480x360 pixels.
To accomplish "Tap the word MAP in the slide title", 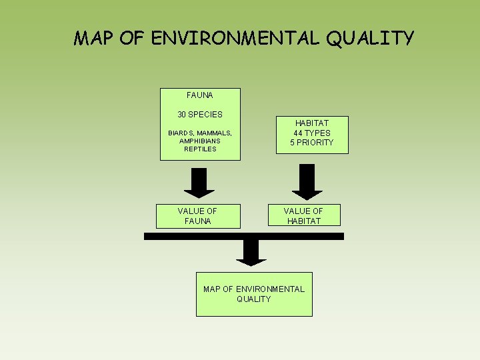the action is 97,38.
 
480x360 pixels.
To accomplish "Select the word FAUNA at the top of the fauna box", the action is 200,95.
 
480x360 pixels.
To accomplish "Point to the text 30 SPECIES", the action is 200,114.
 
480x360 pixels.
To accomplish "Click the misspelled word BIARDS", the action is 181,133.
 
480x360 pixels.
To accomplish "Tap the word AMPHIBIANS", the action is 200,141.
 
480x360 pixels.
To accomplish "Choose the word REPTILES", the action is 200,149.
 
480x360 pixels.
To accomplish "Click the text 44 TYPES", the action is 312,133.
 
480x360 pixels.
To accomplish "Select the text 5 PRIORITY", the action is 312,143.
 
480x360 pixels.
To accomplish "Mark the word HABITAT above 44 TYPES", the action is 312,123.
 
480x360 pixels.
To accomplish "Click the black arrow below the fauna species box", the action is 199,183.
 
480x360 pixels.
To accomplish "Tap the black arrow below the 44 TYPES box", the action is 307,182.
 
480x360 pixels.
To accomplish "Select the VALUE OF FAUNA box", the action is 197,216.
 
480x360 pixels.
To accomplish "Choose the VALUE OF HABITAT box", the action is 304,216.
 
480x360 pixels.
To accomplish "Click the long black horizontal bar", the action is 244,236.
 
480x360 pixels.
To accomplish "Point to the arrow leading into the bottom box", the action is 251,253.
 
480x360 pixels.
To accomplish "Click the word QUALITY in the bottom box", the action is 254,299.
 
